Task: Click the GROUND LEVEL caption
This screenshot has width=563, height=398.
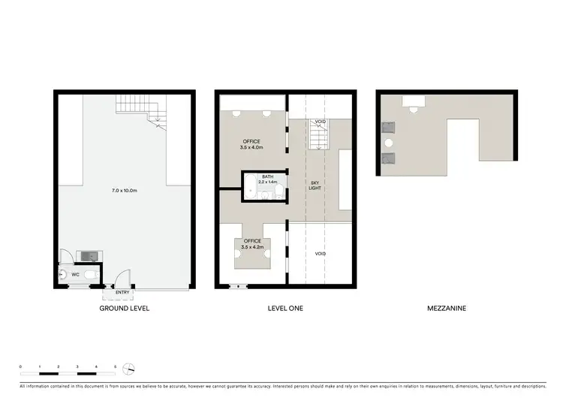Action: pyautogui.click(x=125, y=309)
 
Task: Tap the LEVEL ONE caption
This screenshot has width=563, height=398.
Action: pyautogui.click(x=285, y=309)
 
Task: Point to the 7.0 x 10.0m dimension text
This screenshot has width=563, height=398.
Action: pyautogui.click(x=124, y=191)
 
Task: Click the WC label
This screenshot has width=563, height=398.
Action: pyautogui.click(x=75, y=275)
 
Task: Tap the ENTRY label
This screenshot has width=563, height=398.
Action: pyautogui.click(x=122, y=292)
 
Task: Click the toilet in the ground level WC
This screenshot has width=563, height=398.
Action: pyautogui.click(x=91, y=276)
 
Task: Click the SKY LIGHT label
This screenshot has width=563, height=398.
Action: pyautogui.click(x=315, y=185)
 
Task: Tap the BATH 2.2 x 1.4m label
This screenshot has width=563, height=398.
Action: pyautogui.click(x=268, y=179)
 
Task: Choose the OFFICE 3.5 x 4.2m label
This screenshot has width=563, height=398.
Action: pyautogui.click(x=251, y=243)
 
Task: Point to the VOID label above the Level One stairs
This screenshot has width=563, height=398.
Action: pyautogui.click(x=321, y=122)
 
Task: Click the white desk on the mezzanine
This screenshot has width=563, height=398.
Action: pyautogui.click(x=413, y=103)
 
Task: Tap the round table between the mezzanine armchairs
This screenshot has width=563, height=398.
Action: pyautogui.click(x=389, y=143)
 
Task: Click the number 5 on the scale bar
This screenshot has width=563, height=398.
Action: pyautogui.click(x=115, y=366)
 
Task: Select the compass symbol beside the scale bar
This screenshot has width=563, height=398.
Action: pyautogui.click(x=130, y=369)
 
